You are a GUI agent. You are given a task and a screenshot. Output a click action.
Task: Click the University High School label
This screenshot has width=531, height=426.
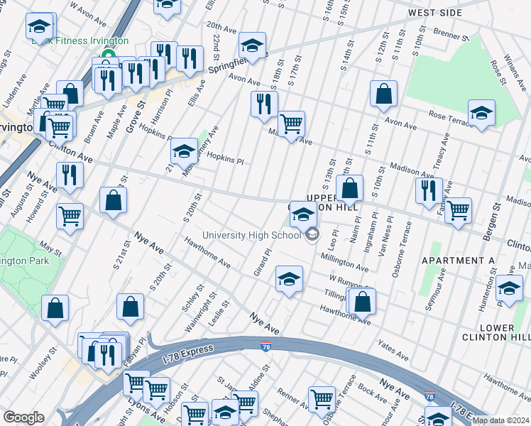pyautogui.click(x=251, y=236)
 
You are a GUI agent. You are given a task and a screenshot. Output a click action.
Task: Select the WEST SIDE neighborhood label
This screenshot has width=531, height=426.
pyautogui.click(x=434, y=13)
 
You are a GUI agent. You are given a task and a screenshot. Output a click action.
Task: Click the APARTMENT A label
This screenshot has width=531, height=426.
pyautogui.click(x=458, y=261)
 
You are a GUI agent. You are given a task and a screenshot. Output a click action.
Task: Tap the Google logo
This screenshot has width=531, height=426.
pyautogui.click(x=23, y=417)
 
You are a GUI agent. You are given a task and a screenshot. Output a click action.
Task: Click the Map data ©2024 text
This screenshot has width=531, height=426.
pyautogui.click(x=500, y=420)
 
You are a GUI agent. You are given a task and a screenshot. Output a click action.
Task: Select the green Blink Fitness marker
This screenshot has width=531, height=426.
pyautogui.click(x=109, y=56)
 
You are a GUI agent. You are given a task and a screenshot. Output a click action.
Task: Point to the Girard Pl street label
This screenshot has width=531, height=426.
pyautogui.click(x=263, y=263)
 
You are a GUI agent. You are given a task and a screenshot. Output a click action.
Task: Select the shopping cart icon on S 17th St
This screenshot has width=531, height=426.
pyautogui.click(x=291, y=124)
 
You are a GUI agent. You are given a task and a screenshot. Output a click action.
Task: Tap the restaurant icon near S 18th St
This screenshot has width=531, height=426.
pyautogui.click(x=264, y=104)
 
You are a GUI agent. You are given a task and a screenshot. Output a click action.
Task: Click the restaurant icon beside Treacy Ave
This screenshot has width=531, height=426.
pyautogui.click(x=429, y=190)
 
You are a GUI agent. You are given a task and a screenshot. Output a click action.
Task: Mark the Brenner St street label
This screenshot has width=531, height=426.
pyautogui.click(x=447, y=33)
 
